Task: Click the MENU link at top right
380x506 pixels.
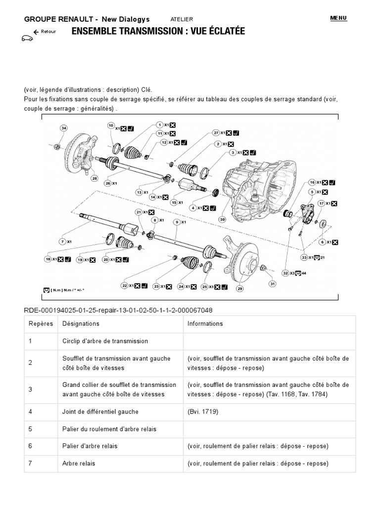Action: click(338, 18)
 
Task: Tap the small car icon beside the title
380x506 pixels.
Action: click(27, 38)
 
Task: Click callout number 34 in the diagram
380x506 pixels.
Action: click(63, 128)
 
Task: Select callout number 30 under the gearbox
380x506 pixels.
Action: click(222, 220)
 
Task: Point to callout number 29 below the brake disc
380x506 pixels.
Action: click(240, 289)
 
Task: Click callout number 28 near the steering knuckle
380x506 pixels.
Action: click(94, 178)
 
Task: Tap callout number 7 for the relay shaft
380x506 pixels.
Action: click(62, 242)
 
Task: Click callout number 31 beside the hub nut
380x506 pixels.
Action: click(272, 284)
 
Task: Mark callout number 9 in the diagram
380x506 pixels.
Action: click(176, 222)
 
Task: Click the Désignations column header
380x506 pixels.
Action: click(81, 324)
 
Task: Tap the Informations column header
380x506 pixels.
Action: click(205, 324)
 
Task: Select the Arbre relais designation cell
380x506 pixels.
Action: click(79, 464)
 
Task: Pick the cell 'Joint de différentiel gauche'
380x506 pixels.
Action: click(100, 411)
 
